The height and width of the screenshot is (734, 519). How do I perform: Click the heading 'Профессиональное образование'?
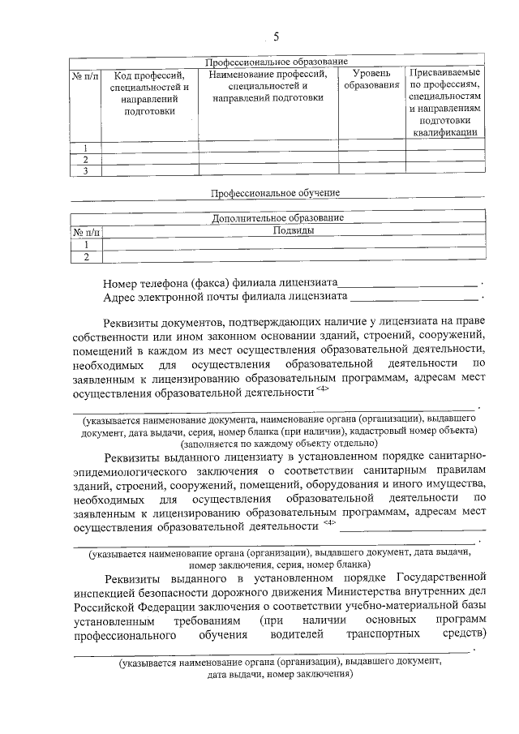[276, 62]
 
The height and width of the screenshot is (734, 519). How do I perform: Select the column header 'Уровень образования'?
[371, 79]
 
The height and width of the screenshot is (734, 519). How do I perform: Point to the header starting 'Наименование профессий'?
[268, 86]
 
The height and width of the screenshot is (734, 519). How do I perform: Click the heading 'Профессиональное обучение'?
[276, 193]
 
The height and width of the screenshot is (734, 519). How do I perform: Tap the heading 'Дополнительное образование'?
[277, 217]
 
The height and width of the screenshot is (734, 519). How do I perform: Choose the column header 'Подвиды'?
[294, 230]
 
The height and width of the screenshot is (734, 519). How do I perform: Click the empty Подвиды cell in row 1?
[294, 244]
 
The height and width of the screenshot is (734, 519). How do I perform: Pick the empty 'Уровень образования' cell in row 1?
[371, 148]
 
